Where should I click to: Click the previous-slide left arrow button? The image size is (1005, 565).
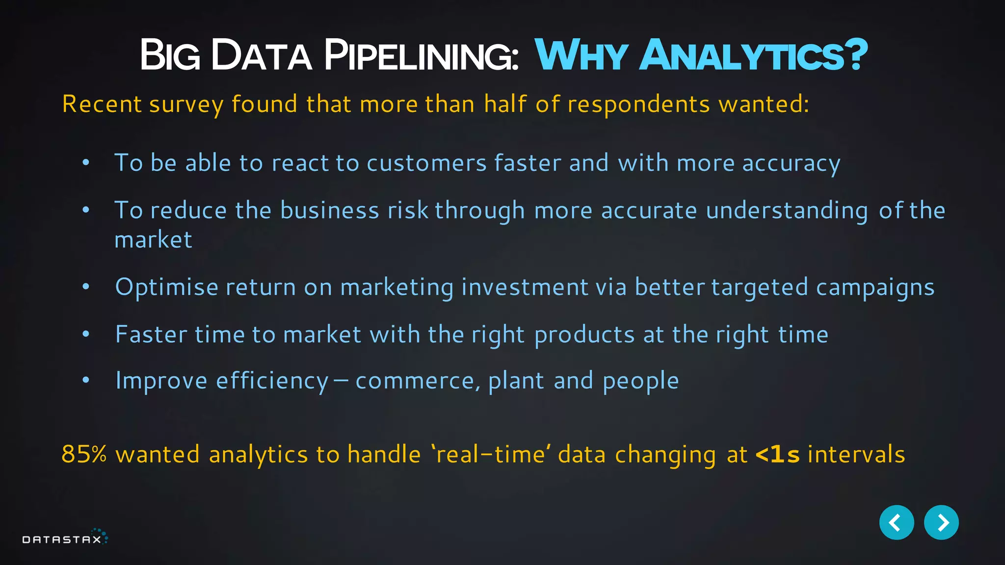click(896, 522)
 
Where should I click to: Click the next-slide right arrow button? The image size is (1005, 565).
click(941, 522)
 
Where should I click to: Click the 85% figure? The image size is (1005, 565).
click(84, 454)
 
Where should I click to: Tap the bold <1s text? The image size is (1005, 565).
click(777, 454)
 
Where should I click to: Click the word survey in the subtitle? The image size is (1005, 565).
click(186, 105)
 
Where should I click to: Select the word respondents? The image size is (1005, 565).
click(638, 105)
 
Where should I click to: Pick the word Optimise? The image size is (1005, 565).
click(166, 287)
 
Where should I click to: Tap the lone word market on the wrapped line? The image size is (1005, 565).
click(153, 240)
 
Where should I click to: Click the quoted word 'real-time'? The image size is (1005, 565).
click(491, 454)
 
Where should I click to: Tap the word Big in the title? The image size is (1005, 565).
click(170, 55)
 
